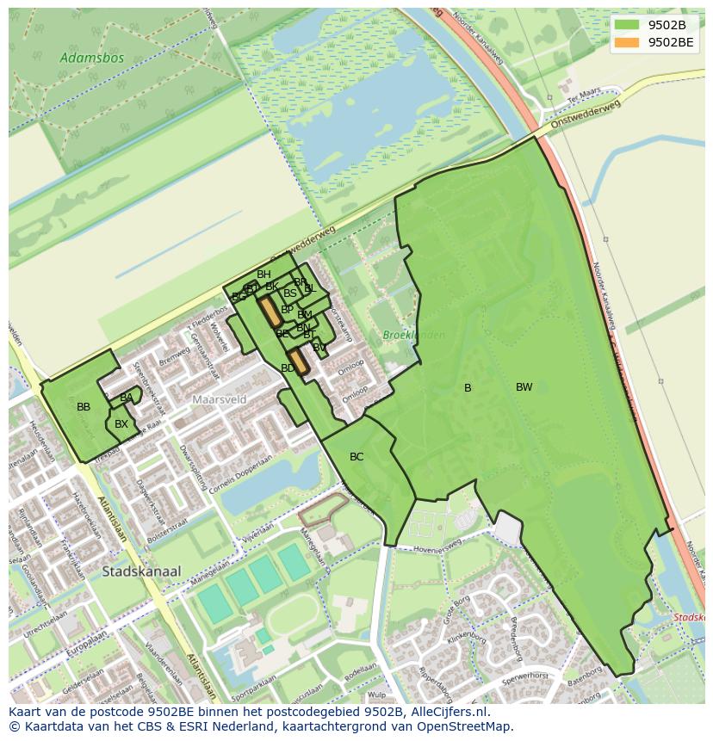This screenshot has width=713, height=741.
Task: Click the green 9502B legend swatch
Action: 627,25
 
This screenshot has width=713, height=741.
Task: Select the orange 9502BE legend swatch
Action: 627,42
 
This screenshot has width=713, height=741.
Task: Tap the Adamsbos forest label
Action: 92,59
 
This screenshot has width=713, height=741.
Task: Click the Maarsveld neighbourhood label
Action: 219,400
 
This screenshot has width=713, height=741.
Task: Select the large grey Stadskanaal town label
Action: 140,571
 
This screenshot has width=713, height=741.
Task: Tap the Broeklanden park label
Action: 414,335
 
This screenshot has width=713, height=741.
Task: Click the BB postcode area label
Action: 84,407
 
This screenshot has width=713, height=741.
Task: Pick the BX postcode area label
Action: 121,424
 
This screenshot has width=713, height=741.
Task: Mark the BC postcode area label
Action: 356,457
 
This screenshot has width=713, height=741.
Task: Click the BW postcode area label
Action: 524,387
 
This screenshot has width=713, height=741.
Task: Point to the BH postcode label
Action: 263,275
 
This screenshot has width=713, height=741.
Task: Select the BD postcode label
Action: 288,368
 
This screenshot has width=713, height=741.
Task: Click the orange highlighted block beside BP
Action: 270,312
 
